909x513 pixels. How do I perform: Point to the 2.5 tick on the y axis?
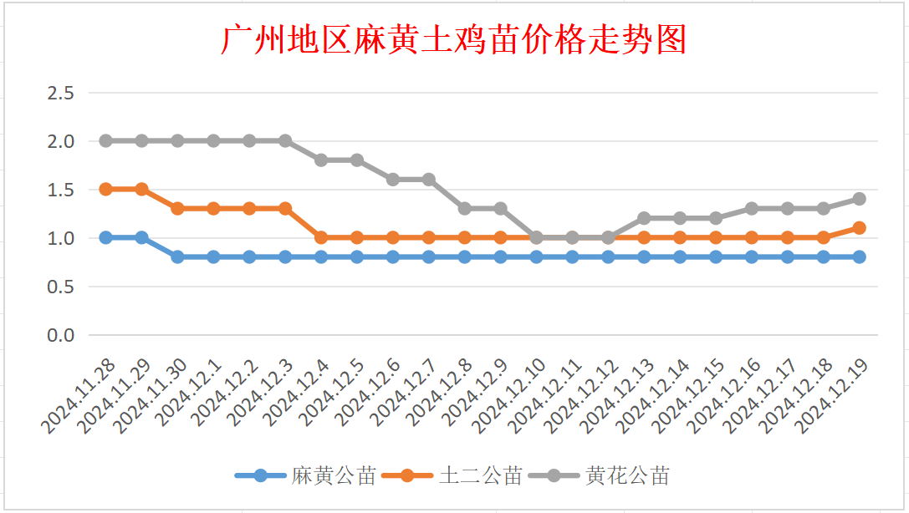[x=61, y=93]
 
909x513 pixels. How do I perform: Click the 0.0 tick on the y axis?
[x=61, y=335]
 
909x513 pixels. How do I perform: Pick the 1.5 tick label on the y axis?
[x=61, y=190]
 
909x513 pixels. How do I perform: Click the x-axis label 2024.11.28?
[x=79, y=397]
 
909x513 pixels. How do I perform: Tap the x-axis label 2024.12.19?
[x=832, y=397]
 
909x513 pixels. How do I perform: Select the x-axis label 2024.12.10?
[x=509, y=397]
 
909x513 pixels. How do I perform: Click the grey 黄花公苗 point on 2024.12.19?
[x=859, y=199]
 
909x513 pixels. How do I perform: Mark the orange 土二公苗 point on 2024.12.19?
[x=859, y=227]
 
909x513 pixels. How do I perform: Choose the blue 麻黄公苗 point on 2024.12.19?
[x=859, y=256]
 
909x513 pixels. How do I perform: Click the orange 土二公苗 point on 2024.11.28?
[x=106, y=189]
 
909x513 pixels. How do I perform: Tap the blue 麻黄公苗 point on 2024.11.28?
[x=106, y=237]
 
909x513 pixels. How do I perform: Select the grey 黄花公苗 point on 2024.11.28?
[x=106, y=140]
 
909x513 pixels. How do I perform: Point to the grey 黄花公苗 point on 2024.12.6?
[x=393, y=179]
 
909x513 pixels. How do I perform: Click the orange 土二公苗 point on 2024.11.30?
[x=177, y=208]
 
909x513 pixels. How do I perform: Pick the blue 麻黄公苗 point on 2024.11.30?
[x=177, y=256]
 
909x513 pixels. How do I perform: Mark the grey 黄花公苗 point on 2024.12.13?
[x=644, y=218]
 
